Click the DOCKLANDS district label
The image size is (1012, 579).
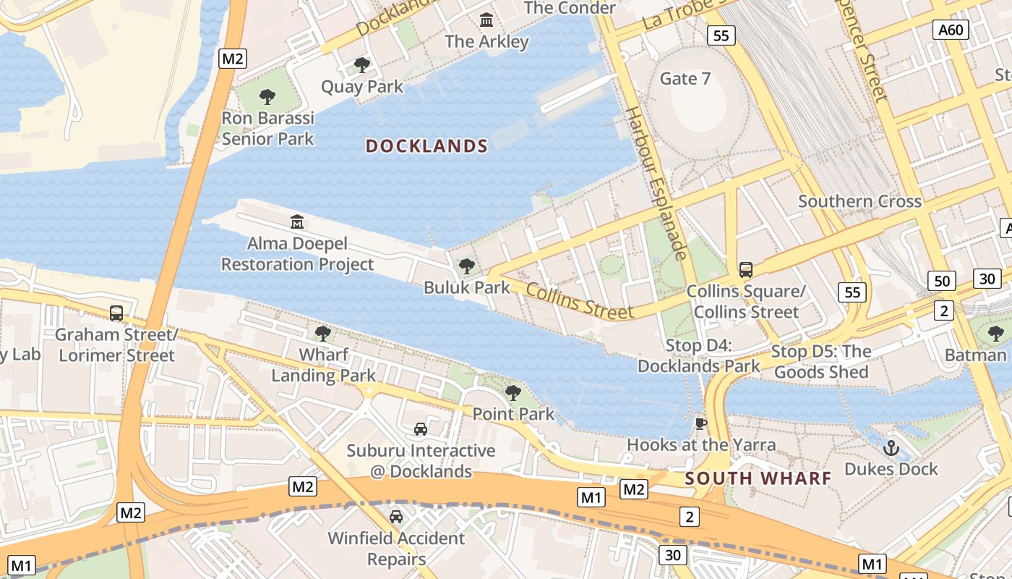coord(426,146)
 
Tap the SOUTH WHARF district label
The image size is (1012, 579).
coord(758,478)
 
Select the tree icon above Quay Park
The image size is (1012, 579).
coord(362,66)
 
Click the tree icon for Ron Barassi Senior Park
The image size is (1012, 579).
coord(267,97)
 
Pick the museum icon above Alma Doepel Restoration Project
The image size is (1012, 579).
coord(297,221)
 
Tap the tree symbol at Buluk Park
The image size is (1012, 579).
coord(467,266)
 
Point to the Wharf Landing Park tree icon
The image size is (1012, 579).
coord(323,334)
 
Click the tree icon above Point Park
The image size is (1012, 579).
coord(513,393)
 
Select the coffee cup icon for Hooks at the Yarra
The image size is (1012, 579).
coord(700,424)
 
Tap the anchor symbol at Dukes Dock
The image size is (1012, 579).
coord(891,448)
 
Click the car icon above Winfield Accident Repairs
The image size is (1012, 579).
coord(396,517)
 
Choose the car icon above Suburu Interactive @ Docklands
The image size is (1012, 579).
coord(421,429)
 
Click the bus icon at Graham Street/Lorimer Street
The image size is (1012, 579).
coord(116,313)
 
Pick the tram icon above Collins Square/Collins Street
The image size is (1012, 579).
coord(746,270)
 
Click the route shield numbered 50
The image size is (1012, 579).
coord(941,281)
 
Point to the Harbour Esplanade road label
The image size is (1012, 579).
coord(656,184)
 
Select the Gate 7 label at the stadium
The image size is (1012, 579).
coord(685,79)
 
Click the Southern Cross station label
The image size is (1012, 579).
coord(859,201)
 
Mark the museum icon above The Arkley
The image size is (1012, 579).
coord(486,20)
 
